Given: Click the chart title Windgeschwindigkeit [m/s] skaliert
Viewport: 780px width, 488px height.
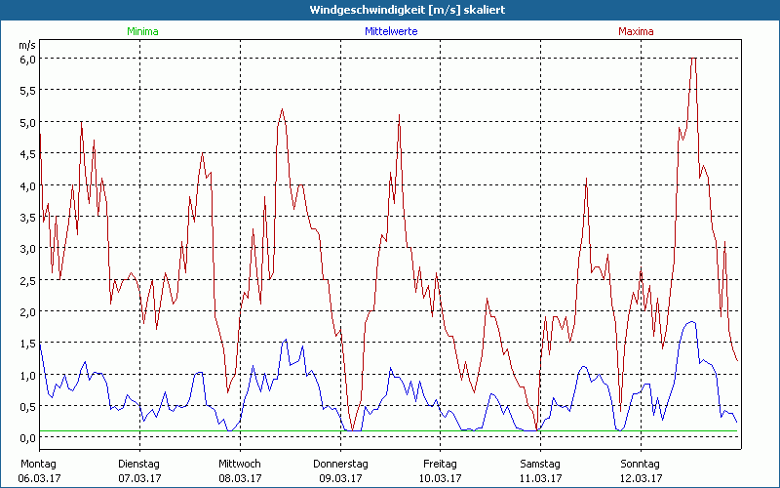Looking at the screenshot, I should (390, 9).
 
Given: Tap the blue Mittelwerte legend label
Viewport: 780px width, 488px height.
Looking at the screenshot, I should (391, 31).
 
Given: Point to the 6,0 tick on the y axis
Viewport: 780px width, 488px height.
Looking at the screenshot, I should (27, 59).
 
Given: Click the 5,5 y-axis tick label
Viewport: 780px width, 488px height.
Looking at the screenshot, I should (27, 90).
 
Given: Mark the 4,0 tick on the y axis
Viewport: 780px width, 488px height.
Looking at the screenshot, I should (27, 185).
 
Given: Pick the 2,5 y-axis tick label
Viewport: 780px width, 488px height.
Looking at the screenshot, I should (27, 280).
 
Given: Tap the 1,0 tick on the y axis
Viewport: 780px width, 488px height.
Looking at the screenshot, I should (27, 375).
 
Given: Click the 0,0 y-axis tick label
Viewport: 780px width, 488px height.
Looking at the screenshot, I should (27, 437).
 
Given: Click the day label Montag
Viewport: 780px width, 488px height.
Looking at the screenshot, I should (39, 464).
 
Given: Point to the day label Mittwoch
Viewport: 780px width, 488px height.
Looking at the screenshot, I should (240, 464).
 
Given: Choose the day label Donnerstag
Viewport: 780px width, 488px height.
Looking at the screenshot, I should (340, 464).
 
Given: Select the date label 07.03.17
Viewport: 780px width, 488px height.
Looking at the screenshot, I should (140, 478).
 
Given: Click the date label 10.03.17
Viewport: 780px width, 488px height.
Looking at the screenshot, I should (441, 478).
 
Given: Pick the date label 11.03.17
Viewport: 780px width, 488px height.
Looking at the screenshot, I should (540, 478).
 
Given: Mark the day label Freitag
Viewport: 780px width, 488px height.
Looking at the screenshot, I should (441, 464).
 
